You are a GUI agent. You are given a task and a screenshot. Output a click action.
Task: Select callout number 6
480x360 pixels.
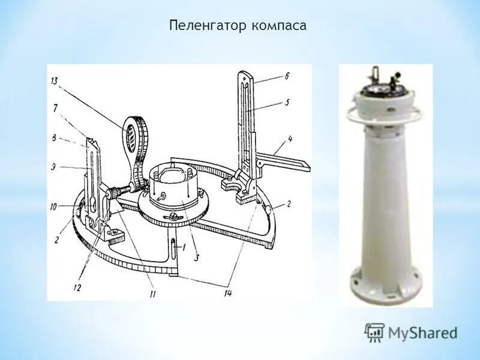click(x=287, y=76)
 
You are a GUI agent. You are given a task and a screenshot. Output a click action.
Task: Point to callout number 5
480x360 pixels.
click(x=287, y=103)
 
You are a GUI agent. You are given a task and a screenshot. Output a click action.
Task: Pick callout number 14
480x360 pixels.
click(x=228, y=293)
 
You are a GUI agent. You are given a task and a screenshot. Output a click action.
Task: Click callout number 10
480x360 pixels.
click(x=54, y=206)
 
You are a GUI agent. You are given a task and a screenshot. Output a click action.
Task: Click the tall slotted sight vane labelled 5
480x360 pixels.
click(x=244, y=120)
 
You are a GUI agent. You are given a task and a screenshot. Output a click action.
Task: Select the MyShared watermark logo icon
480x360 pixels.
click(x=375, y=332)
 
